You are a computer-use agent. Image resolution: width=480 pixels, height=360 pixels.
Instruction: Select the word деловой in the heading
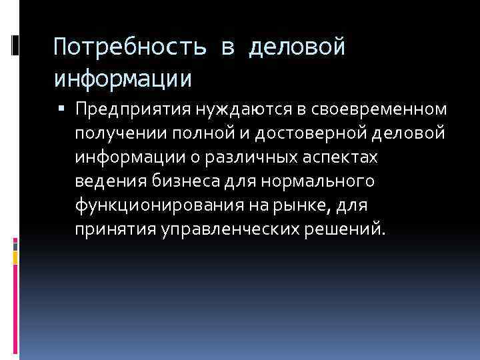297,49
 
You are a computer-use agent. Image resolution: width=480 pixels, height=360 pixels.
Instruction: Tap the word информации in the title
123,79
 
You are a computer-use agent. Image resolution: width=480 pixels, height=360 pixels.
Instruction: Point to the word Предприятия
133,108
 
